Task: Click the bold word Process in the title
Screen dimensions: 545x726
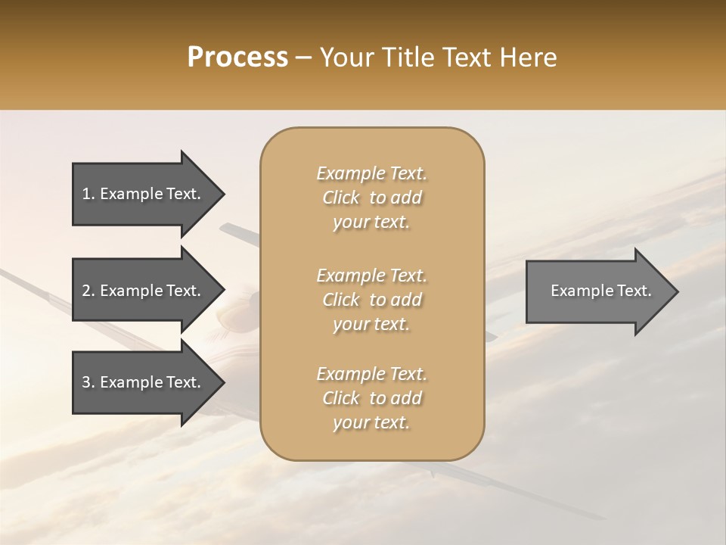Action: [x=237, y=58]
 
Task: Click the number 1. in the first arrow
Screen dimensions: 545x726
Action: [x=88, y=194]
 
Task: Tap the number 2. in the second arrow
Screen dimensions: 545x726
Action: [x=88, y=291]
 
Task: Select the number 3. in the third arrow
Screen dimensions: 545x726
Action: [x=88, y=382]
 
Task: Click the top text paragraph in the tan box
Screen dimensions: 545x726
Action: [x=372, y=198]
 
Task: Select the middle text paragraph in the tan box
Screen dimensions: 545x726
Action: [x=372, y=300]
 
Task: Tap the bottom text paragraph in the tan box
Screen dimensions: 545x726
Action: [x=372, y=398]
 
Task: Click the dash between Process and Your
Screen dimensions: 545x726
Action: [x=303, y=58]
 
